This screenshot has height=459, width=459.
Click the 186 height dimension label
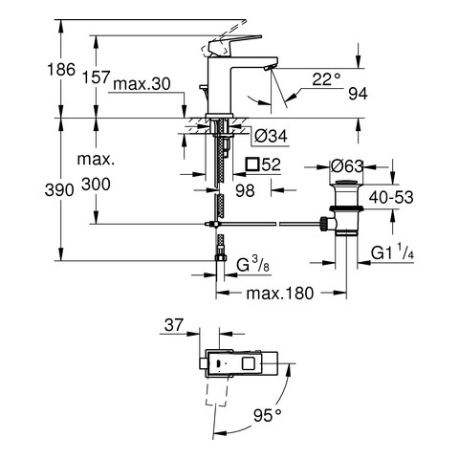61,70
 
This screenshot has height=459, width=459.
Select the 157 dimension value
97,77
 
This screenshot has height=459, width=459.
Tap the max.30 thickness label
142,84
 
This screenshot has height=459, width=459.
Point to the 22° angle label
326,79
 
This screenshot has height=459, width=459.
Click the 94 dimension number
358,94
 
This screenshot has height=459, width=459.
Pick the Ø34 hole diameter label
272,137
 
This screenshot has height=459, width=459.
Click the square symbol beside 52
252,164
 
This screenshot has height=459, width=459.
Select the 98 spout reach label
245,190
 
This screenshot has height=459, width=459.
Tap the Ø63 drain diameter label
347,165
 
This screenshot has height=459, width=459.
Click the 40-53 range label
391,197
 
